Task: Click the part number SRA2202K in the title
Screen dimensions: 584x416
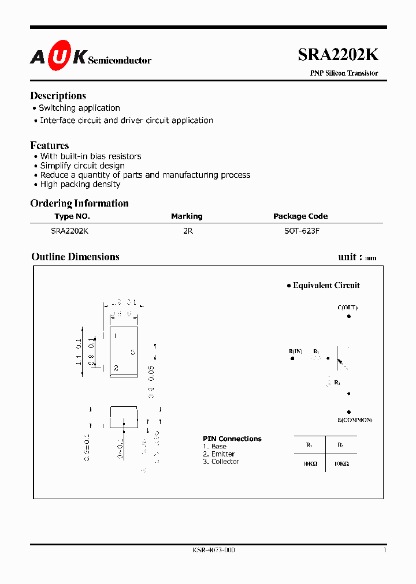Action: [338, 54]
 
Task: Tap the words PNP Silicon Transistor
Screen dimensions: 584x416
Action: [344, 73]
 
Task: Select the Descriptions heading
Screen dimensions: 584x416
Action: [58, 96]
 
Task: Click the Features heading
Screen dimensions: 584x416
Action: [50, 145]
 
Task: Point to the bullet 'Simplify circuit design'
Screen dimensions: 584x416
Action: [82, 166]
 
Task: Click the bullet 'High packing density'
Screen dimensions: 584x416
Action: [80, 184]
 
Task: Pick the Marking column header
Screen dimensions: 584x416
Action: [187, 216]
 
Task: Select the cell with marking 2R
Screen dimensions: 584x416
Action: [187, 230]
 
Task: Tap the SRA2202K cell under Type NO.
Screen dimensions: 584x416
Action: [70, 230]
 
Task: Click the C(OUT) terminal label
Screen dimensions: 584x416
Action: [348, 308]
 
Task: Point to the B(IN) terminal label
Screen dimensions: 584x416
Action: [295, 351]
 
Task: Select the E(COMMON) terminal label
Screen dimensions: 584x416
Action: [355, 419]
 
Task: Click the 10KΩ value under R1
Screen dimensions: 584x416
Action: [310, 463]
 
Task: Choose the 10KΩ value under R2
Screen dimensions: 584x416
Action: [341, 463]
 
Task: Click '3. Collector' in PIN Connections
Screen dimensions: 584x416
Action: [221, 462]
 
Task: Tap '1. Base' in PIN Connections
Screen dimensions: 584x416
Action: [214, 447]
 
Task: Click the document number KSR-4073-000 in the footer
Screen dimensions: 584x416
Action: [213, 550]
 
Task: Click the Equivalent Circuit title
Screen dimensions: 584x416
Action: [326, 285]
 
